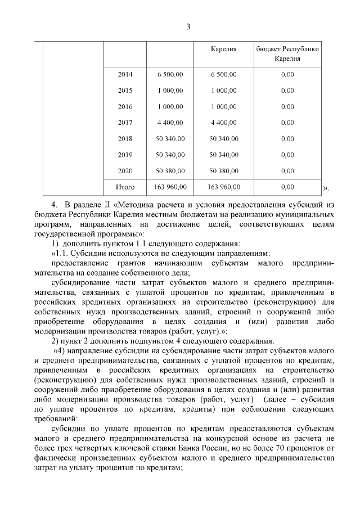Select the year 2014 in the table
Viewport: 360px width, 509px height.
[125, 74]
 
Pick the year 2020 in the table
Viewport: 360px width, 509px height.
[125, 170]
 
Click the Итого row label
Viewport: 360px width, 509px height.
[125, 187]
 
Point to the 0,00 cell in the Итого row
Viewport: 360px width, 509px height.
[287, 187]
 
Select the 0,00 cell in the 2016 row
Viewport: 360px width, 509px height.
[287, 106]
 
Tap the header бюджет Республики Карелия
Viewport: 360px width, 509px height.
[287, 53]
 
